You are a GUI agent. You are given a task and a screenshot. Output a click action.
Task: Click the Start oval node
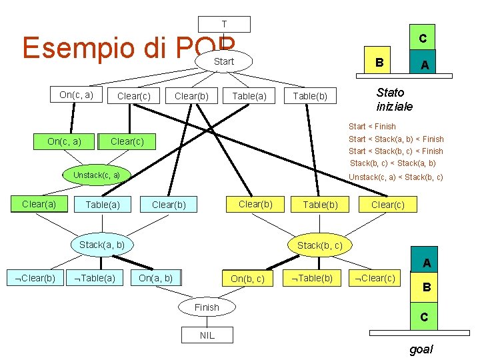click(x=224, y=62)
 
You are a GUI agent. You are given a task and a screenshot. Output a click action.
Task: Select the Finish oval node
click(x=206, y=307)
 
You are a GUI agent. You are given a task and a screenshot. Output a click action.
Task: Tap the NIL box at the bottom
click(x=207, y=335)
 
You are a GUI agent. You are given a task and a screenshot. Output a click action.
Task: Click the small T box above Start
click(x=225, y=24)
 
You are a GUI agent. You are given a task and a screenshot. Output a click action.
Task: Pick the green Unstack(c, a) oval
click(x=97, y=175)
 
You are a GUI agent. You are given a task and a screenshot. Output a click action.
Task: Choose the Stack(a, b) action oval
click(x=102, y=245)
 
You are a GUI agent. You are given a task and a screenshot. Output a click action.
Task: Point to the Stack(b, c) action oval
click(x=320, y=245)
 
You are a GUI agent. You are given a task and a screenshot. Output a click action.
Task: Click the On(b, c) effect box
click(x=247, y=279)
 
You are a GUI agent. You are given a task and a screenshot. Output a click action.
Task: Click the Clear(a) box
click(x=39, y=204)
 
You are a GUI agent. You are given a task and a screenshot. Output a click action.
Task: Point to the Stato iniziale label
click(x=395, y=99)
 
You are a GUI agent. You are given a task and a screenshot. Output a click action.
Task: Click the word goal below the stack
click(x=421, y=349)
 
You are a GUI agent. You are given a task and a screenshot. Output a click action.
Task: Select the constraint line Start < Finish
click(x=372, y=126)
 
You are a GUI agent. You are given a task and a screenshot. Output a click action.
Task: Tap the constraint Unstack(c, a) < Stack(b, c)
click(x=396, y=177)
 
